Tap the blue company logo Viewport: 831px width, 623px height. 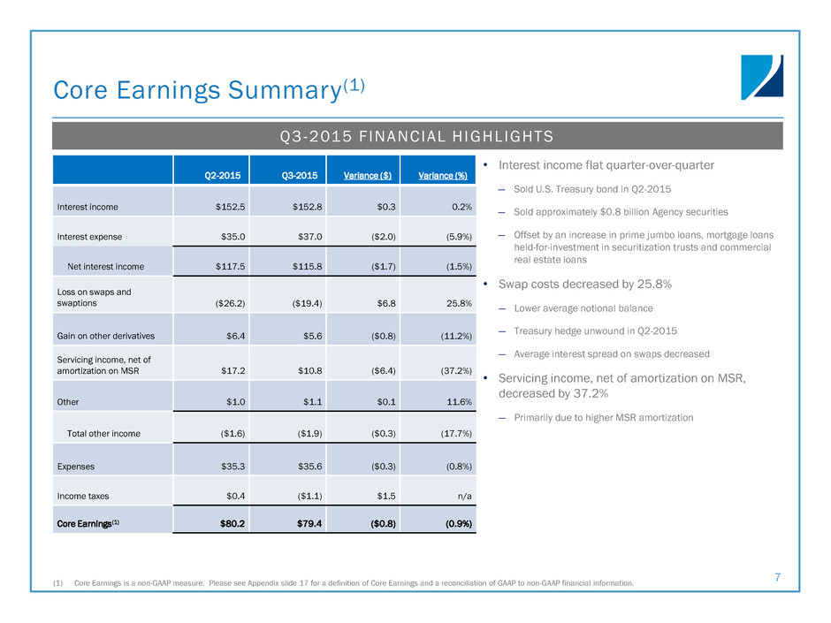[x=761, y=78]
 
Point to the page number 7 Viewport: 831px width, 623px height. [x=777, y=578]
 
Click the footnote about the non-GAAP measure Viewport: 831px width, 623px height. [x=355, y=583]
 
